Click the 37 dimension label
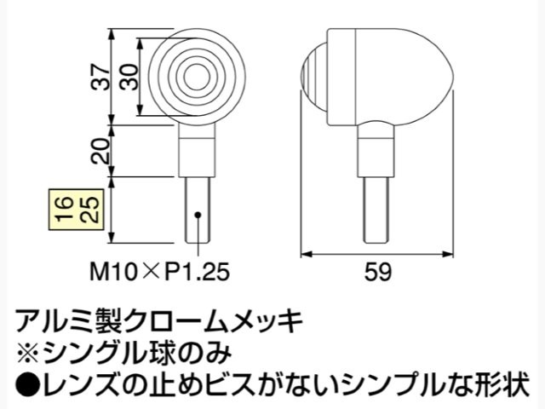point(100,78)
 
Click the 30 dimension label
point(129,78)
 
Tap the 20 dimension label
point(100,152)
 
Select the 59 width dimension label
point(377,272)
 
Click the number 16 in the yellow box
point(66,210)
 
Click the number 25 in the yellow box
point(90,210)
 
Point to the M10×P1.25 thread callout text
point(159,272)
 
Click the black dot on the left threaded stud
point(198,215)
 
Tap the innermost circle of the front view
point(197,78)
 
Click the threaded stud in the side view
point(376,210)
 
